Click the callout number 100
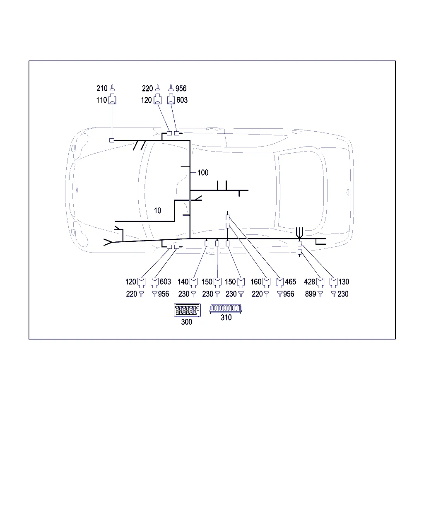coord(203,173)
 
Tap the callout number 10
coord(157,211)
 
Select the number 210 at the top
coord(102,88)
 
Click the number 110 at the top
coord(101,100)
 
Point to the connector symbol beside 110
coord(112,99)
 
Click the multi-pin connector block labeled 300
coord(187,310)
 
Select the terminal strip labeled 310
coord(225,308)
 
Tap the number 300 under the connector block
coord(186,322)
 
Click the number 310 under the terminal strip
coord(226,318)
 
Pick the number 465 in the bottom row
coord(290,282)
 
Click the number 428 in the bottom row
coord(309,282)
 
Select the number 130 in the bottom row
coord(344,282)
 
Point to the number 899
coord(311,294)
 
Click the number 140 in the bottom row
coord(183,282)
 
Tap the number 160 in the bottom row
coord(256,282)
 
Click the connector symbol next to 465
coord(279,283)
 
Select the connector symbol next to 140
coord(193,283)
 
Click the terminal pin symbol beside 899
coord(320,294)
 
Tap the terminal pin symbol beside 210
coord(112,88)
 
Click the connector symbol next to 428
coord(320,283)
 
